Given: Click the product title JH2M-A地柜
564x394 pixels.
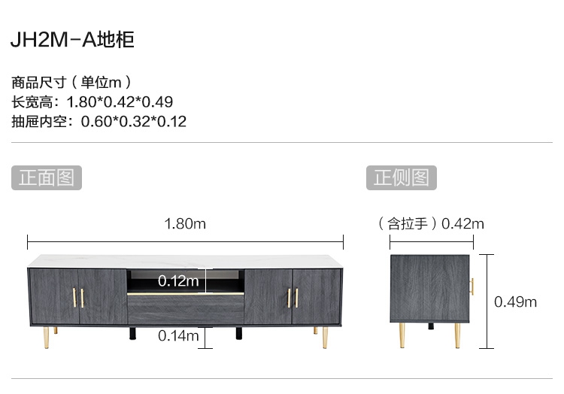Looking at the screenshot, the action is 72,40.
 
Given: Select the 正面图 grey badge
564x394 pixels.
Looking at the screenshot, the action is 47,177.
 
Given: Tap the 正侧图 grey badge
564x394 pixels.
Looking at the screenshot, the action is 402,177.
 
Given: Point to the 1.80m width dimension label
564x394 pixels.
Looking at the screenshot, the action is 185,224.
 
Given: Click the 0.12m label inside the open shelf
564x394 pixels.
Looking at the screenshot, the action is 178,280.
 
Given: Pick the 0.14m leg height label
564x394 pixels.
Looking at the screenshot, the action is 178,336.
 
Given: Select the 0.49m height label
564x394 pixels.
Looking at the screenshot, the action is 515,302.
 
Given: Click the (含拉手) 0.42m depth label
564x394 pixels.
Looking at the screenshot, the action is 431,224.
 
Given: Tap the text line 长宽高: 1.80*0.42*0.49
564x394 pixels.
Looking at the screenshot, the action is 92,102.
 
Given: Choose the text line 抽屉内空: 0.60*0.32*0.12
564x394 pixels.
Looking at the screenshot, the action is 99,122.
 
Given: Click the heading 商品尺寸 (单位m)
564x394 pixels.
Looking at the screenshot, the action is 71,82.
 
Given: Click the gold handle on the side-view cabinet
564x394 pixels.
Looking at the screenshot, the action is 472,286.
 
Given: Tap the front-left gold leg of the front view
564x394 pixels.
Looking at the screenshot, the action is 46,337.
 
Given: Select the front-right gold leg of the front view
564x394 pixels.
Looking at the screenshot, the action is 325,337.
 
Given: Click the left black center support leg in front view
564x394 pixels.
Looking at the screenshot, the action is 132,333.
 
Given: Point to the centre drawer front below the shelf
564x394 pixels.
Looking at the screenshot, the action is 186,309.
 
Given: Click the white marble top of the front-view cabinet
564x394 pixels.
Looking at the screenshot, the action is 186,262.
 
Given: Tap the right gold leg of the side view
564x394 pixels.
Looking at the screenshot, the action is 457,335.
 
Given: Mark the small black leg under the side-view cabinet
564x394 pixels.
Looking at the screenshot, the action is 431,326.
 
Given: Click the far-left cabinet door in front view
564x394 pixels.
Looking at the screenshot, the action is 55,296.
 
